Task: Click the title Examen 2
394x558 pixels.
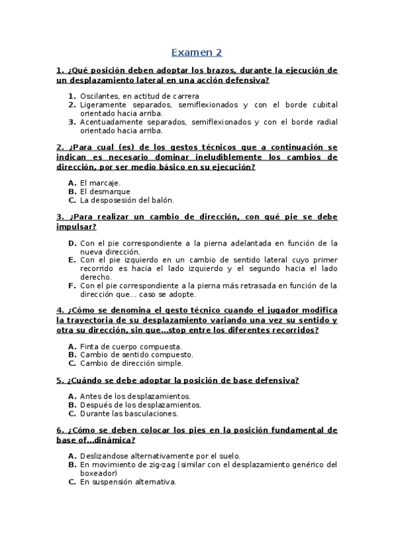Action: pos(197,52)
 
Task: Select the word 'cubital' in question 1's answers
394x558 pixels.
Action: pos(323,105)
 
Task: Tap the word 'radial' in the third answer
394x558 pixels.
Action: pos(325,122)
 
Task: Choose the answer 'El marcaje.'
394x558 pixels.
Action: pos(100,182)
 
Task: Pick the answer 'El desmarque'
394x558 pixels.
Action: pos(105,191)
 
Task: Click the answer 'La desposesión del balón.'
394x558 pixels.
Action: pos(126,200)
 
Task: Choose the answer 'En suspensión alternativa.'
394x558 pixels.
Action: pos(128,482)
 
